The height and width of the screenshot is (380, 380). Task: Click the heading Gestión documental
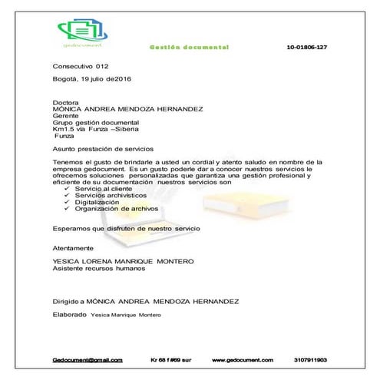(x=188, y=48)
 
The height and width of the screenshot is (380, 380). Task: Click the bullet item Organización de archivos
(x=116, y=209)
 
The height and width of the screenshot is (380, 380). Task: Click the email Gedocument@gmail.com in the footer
(x=88, y=359)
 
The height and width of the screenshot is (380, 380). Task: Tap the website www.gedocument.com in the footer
(x=243, y=359)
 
